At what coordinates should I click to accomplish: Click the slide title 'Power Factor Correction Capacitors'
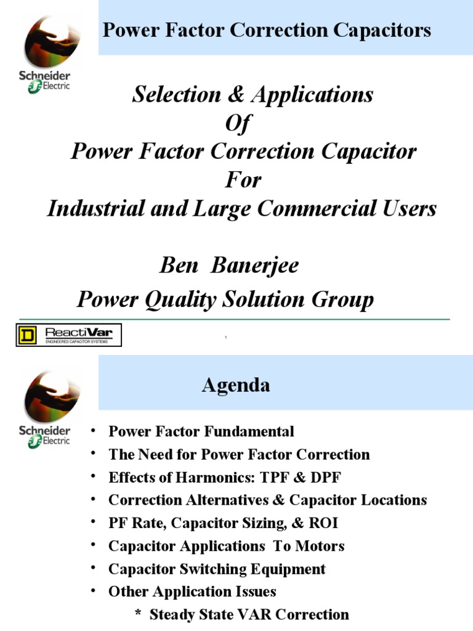[267, 30]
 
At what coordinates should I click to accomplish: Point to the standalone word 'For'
[243, 180]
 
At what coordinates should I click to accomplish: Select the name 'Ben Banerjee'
[229, 266]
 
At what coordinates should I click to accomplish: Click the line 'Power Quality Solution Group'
[225, 299]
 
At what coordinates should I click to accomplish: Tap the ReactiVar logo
[80, 335]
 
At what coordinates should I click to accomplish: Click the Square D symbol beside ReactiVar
[28, 335]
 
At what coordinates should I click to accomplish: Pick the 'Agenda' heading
[236, 386]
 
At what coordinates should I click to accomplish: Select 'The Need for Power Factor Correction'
[239, 455]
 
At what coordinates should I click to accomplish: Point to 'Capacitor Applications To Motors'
[226, 546]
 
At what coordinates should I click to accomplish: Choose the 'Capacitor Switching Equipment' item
[217, 569]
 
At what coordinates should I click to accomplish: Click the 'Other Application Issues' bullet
[192, 592]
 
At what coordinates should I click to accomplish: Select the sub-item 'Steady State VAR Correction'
[249, 614]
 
